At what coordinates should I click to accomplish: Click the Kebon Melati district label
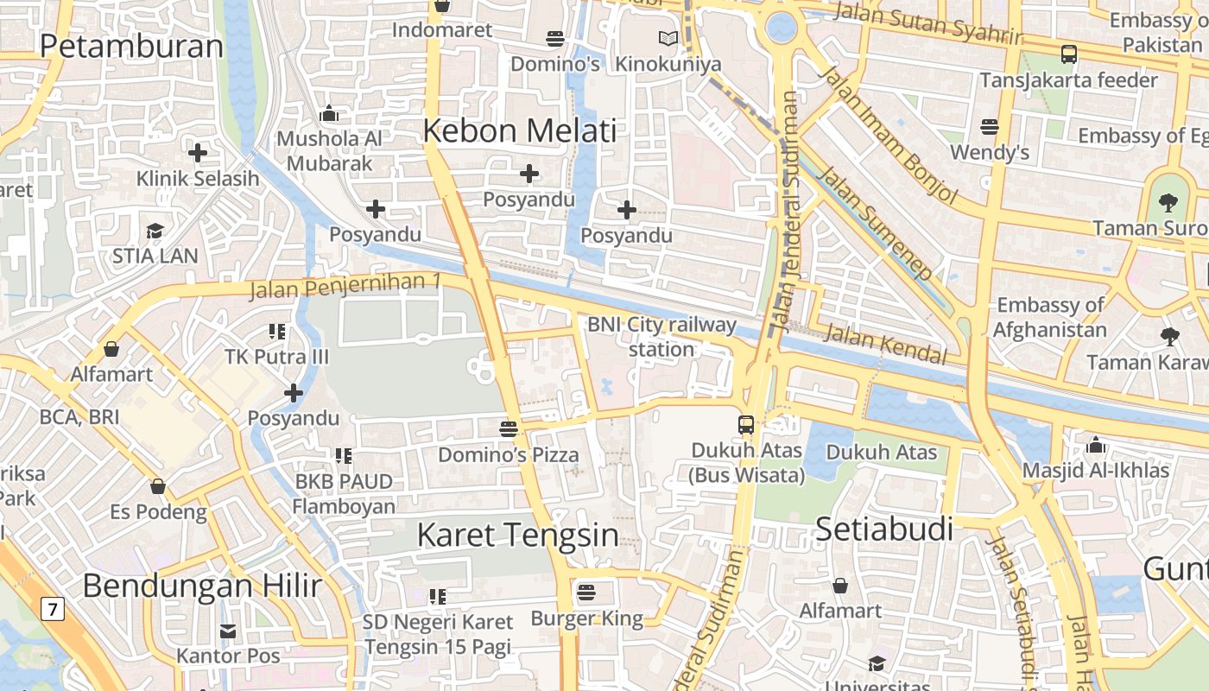pyautogui.click(x=520, y=131)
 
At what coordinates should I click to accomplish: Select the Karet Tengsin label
pyautogui.click(x=517, y=536)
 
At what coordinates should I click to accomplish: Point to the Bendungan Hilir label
pyautogui.click(x=202, y=586)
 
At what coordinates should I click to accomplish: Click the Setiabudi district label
pyautogui.click(x=883, y=529)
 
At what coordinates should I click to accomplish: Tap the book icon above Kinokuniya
pyautogui.click(x=668, y=39)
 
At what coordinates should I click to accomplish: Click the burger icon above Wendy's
pyautogui.click(x=990, y=128)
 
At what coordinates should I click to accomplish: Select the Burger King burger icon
pyautogui.click(x=586, y=593)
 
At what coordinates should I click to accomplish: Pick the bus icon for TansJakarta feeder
pyautogui.click(x=1069, y=54)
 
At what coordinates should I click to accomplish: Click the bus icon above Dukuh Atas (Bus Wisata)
pyautogui.click(x=746, y=425)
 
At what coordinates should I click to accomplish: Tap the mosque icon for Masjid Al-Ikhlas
pyautogui.click(x=1096, y=446)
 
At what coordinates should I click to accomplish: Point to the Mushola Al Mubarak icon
pyautogui.click(x=328, y=113)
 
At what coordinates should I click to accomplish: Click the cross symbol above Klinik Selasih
pyautogui.click(x=198, y=154)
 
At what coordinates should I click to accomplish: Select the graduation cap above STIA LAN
pyautogui.click(x=155, y=231)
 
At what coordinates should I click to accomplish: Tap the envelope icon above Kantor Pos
pyautogui.click(x=228, y=631)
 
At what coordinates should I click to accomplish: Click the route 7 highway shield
pyautogui.click(x=53, y=610)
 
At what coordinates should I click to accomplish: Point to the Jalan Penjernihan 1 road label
pyautogui.click(x=345, y=286)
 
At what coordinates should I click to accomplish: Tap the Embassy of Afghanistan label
pyautogui.click(x=1049, y=317)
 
